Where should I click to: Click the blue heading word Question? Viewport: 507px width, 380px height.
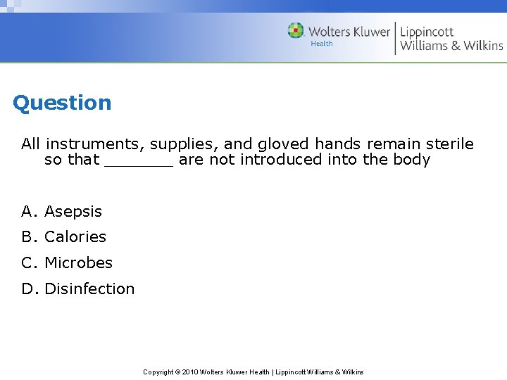(x=62, y=103)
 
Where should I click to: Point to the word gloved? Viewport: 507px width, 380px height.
(x=285, y=144)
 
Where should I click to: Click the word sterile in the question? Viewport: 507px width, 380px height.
(x=449, y=144)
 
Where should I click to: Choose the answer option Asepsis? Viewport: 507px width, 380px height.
(x=73, y=212)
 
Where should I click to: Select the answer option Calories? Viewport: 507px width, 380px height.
(x=75, y=237)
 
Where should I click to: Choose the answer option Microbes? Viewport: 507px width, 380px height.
(x=78, y=263)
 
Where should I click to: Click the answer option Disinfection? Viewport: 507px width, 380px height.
(x=89, y=289)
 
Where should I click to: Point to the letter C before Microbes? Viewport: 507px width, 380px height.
(x=27, y=263)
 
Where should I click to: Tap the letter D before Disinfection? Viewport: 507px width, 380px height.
(x=27, y=289)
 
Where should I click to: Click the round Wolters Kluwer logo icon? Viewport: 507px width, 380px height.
(x=296, y=30)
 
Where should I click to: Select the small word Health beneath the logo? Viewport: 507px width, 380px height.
(x=321, y=44)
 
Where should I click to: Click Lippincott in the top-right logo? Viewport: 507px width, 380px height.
(x=427, y=32)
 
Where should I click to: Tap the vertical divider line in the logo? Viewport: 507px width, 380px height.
(x=395, y=38)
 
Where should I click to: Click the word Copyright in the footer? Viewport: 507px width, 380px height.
(x=158, y=372)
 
